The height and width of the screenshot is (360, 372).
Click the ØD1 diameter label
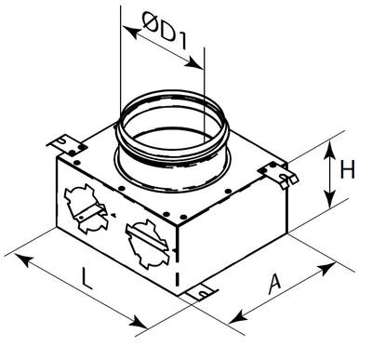(165, 31)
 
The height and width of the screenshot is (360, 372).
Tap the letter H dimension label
(347, 169)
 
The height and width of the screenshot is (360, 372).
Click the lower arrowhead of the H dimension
(330, 198)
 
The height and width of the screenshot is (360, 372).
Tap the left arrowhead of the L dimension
(24, 260)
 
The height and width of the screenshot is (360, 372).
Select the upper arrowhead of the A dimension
(326, 269)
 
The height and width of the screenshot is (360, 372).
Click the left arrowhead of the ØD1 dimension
(131, 32)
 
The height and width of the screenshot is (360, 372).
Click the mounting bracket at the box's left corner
(66, 145)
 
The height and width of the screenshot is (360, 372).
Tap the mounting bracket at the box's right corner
(278, 174)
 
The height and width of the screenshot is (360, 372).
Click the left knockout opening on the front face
(86, 208)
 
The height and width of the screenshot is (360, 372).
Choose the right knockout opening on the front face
(148, 244)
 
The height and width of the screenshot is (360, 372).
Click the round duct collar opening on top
(173, 141)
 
